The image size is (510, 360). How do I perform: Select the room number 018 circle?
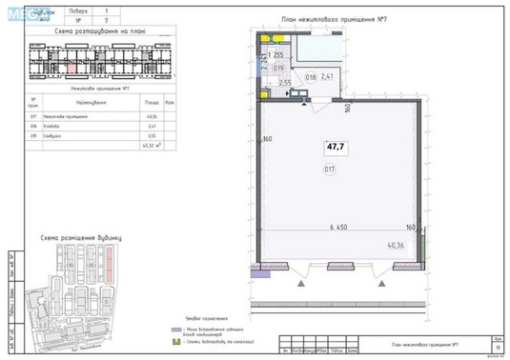tap(309, 76)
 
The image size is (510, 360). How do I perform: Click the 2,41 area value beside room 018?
tap(328, 76)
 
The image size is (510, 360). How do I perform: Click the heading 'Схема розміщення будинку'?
tap(81, 236)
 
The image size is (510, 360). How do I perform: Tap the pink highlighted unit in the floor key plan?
tap(71, 64)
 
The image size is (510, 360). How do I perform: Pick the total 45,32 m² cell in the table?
tap(152, 146)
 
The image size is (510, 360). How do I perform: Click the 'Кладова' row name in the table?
tap(75, 125)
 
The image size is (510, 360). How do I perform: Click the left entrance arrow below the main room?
tap(296, 282)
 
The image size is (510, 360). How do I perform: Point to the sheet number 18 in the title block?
tap(498, 350)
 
